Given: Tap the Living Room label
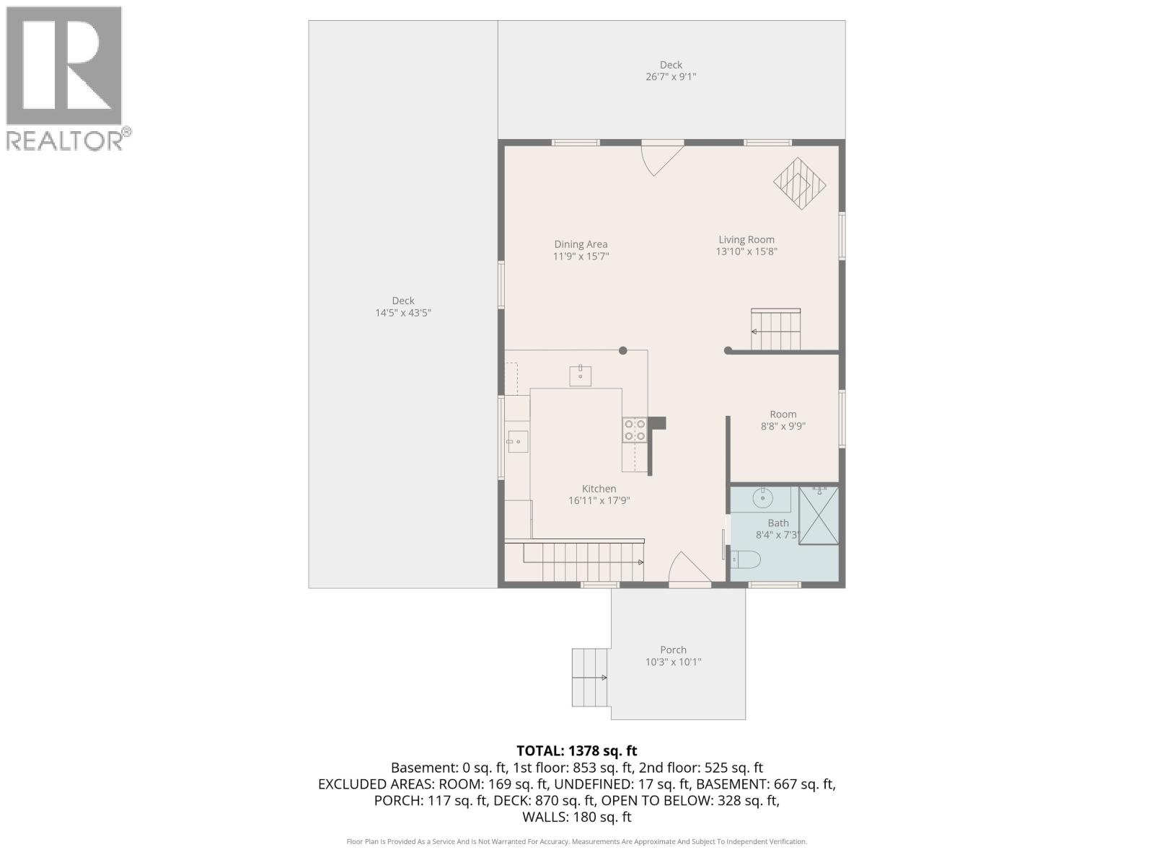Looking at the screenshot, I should (746, 240).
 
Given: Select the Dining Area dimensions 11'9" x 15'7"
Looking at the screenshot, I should (581, 257).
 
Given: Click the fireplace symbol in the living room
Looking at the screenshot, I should (799, 184).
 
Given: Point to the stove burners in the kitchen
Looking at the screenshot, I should (635, 430).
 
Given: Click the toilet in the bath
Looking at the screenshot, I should (746, 559).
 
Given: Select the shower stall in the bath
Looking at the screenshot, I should (819, 515).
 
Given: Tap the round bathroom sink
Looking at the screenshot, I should (762, 497).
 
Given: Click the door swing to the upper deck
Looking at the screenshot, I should (661, 159).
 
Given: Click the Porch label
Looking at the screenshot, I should (673, 649).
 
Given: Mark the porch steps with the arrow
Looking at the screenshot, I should (589, 678).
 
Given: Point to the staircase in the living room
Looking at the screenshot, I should (775, 330).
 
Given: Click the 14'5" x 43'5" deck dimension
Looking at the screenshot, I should (402, 313).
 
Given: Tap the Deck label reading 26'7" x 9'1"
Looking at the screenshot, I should (671, 71).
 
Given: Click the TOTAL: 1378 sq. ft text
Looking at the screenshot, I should (577, 751).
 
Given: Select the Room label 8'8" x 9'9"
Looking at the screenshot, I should (783, 420).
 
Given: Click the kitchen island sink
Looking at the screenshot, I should (580, 376).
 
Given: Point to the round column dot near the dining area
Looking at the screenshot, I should (623, 351).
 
